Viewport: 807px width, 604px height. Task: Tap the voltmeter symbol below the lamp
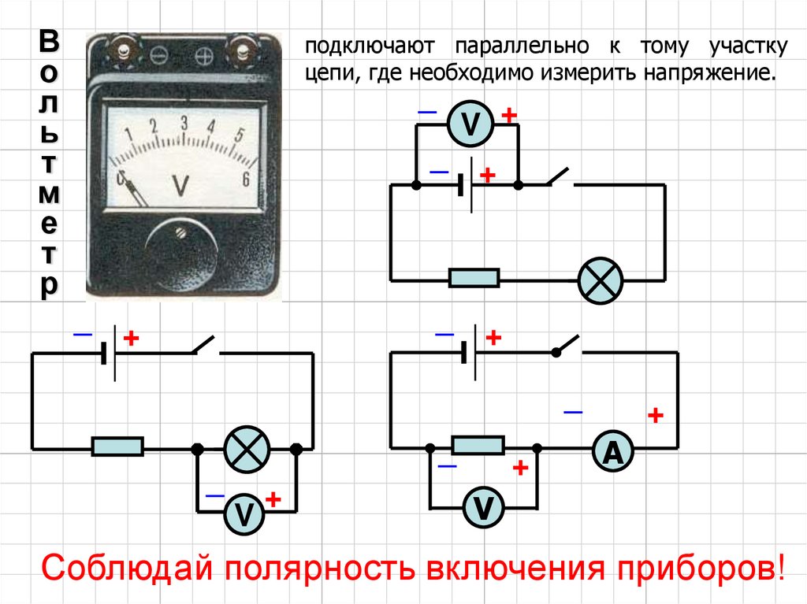246,513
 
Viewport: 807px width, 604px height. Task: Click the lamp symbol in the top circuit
601,280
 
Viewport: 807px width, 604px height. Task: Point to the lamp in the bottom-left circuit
247,449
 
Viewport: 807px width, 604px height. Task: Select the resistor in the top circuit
474,278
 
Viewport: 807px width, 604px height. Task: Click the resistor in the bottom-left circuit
117,447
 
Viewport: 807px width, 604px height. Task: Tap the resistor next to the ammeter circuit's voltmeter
478,446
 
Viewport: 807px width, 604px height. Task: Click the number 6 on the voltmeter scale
246,180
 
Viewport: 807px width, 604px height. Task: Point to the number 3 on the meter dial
184,123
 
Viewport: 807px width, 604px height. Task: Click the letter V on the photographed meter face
180,184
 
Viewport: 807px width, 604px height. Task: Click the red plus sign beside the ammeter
655,415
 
